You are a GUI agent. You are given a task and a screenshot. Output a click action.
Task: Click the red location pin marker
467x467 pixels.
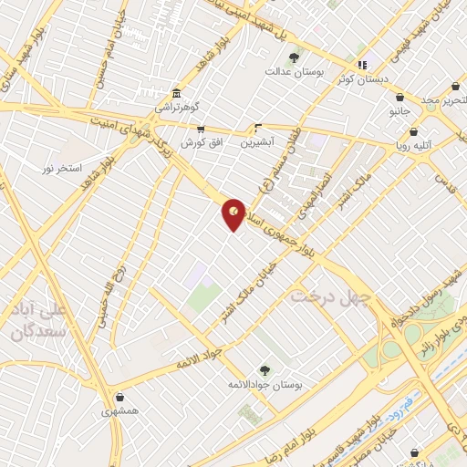tap(234, 213)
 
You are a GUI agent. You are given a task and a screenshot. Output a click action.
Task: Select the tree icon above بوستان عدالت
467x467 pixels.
tap(292, 57)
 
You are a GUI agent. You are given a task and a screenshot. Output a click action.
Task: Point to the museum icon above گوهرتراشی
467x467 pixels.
tap(175, 93)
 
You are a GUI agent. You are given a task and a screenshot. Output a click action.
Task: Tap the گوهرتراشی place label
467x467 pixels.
tap(175, 107)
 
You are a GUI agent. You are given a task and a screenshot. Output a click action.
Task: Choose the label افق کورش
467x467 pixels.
tap(200, 143)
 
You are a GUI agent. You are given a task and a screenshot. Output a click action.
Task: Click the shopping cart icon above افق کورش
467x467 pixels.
tap(200, 130)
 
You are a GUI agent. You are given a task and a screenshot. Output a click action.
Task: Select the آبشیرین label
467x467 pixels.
tap(258, 142)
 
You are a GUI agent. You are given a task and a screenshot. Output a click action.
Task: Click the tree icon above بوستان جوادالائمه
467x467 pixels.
tap(265, 370)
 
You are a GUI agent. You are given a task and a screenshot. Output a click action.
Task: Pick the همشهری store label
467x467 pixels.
tap(120, 411)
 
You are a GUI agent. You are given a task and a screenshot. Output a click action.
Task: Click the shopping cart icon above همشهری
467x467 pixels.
tap(120, 398)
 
